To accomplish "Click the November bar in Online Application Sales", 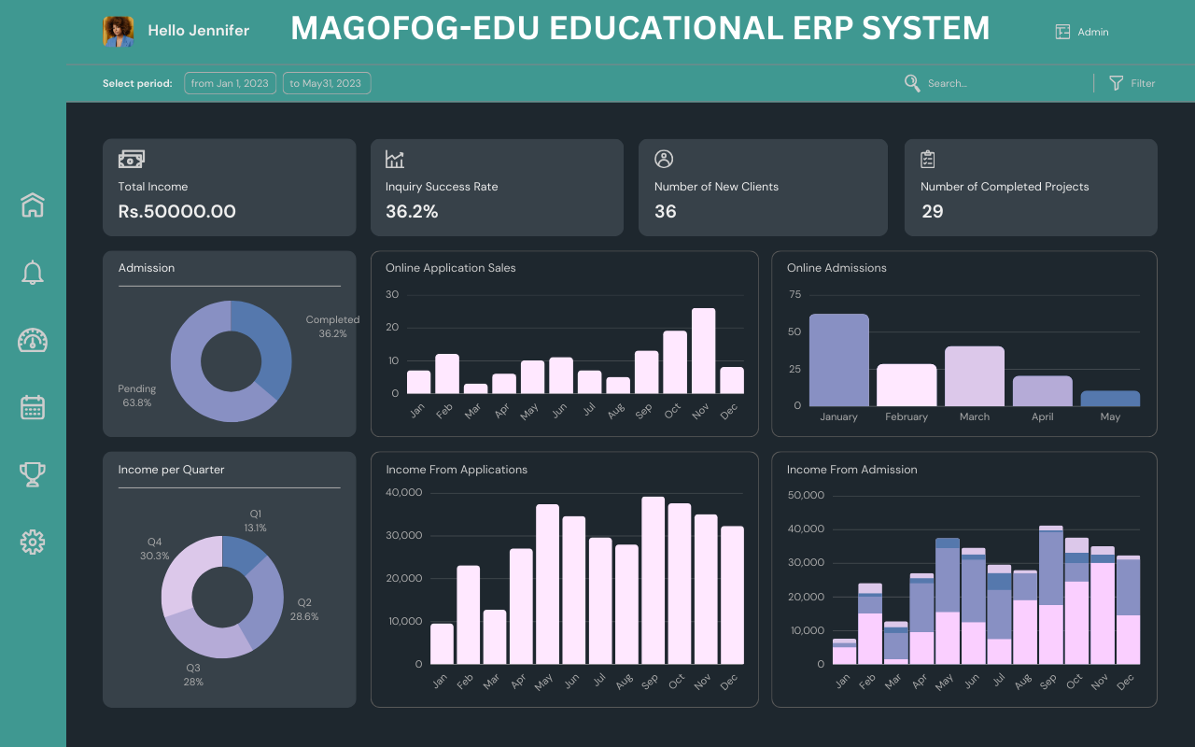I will click(x=703, y=351).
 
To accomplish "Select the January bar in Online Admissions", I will click(x=838, y=360).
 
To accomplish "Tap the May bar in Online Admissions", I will click(x=1110, y=399).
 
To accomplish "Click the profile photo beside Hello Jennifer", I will click(x=118, y=31).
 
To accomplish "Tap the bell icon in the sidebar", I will click(x=33, y=273).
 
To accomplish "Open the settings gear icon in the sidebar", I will click(x=33, y=542).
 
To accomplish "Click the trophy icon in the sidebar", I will click(x=33, y=474).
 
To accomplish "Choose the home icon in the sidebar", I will click(x=33, y=204).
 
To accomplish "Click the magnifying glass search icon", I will click(x=912, y=83).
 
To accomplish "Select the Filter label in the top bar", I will click(x=1143, y=83).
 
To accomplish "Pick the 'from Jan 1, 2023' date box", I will click(x=230, y=83).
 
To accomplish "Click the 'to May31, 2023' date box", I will click(x=326, y=83).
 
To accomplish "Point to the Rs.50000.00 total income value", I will click(x=176, y=212).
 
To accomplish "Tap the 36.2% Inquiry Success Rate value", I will click(x=412, y=212).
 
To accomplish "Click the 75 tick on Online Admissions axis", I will click(x=794, y=295).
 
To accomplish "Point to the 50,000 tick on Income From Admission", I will click(x=807, y=495).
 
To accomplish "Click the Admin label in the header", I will click(x=1093, y=32).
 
